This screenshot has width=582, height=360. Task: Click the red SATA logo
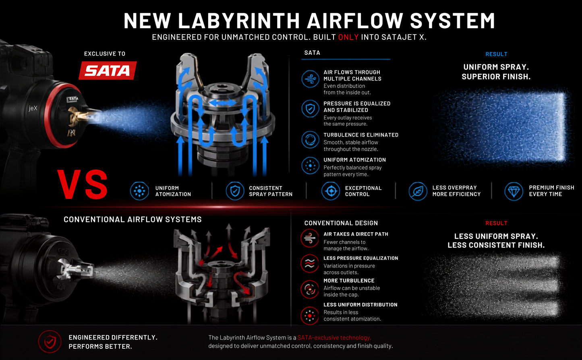(108, 70)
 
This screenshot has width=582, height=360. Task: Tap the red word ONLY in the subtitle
(348, 37)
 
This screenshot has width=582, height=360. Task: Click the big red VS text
(82, 184)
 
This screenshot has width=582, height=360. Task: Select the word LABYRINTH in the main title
(239, 21)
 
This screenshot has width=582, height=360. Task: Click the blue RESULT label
(496, 54)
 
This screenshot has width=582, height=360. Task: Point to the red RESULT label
(496, 223)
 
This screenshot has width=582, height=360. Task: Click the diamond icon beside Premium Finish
(514, 191)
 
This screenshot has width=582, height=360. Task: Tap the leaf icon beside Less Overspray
(418, 191)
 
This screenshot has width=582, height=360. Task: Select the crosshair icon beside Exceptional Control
(331, 191)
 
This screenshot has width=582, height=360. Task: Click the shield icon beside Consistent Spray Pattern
(235, 191)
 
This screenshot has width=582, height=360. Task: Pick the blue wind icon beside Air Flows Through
(310, 79)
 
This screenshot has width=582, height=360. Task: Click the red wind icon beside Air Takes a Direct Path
(310, 238)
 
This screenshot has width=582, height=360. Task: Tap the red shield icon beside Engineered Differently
(50, 341)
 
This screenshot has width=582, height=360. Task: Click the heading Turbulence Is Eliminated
(361, 135)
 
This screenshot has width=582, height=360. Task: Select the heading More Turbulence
(349, 281)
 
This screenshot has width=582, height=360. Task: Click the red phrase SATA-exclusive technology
(334, 338)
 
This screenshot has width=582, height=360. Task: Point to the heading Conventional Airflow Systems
(133, 219)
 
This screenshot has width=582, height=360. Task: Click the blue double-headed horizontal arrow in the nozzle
(223, 103)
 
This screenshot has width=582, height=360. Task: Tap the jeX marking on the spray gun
(33, 108)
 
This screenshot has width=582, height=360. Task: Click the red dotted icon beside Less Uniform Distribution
(310, 316)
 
